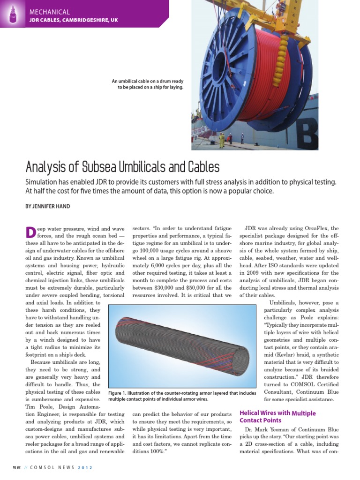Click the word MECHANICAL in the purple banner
(x=49, y=12)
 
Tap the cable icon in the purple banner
(x=14, y=15)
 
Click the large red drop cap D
(x=30, y=232)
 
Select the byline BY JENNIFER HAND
(x=48, y=206)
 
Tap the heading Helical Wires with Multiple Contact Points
(x=277, y=417)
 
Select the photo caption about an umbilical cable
(x=147, y=84)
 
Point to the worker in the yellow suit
(x=222, y=140)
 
